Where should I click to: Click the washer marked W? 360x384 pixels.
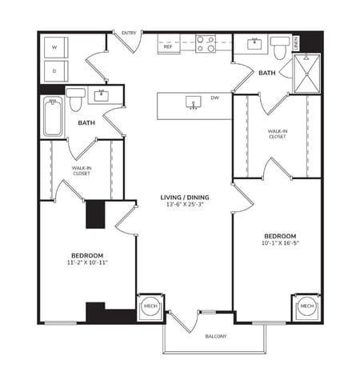pos(54,47)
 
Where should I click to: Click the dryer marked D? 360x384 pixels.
pos(54,70)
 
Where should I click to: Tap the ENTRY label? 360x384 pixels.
pos(128,33)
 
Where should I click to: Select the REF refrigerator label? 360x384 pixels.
pos(168,47)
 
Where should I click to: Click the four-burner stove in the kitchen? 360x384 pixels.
pos(206,43)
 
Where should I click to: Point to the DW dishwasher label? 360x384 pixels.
pos(214,98)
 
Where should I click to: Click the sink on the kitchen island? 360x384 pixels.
pos(192,102)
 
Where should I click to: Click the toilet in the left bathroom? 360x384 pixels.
pos(75,99)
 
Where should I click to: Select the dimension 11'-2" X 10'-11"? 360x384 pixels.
pos(88,262)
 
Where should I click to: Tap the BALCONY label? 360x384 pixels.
pos(215,336)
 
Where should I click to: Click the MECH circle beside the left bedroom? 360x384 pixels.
pos(150,306)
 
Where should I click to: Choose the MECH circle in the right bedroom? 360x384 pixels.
pos(306,306)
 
